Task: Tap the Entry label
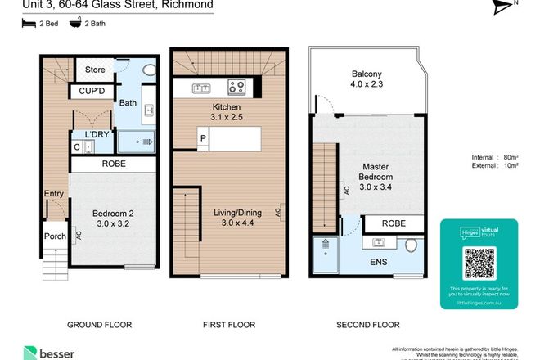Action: click(x=53, y=194)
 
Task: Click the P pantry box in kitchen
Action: click(x=202, y=137)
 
